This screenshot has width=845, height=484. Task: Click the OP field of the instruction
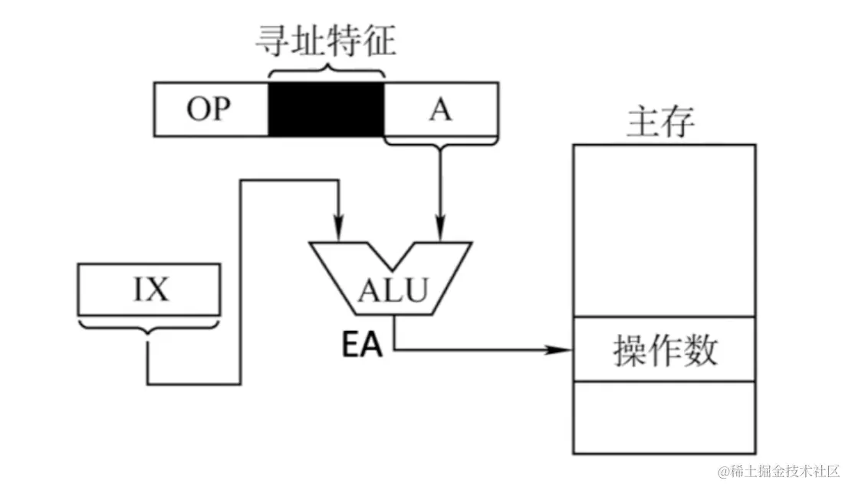211,110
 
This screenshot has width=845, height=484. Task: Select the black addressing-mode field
325,110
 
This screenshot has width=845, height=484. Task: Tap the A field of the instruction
439,110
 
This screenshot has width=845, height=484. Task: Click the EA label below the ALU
362,345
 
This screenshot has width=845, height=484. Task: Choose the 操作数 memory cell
665,349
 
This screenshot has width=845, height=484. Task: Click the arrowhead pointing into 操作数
564,350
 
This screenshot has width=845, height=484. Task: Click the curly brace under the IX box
149,329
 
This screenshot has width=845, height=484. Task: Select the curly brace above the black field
325,70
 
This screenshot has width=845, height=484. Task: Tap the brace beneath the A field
439,142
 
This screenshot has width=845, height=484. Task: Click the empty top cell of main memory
665,230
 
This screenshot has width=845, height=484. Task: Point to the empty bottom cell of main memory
665,417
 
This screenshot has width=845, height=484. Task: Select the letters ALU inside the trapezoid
391,291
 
